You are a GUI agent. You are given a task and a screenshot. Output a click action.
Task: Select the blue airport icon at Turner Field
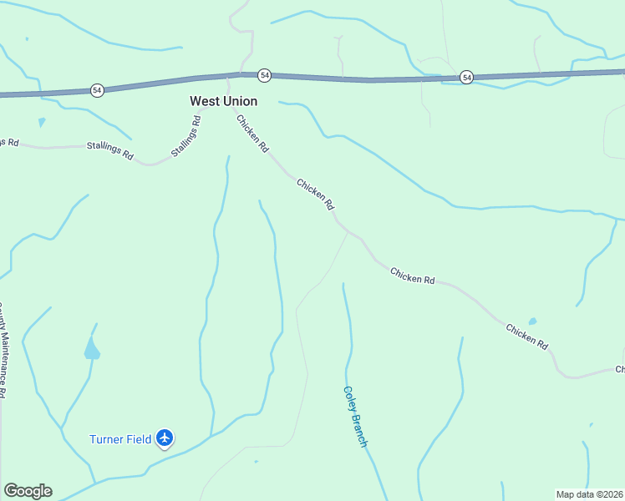click(x=165, y=438)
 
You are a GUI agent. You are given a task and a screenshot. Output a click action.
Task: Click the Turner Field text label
click(x=120, y=439)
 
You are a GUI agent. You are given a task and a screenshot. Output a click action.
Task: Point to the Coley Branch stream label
click(x=355, y=416)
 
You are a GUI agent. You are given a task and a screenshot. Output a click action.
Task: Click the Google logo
click(x=28, y=491)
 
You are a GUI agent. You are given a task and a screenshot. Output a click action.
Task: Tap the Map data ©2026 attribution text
click(x=589, y=494)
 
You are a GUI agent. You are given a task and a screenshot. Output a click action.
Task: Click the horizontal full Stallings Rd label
click(x=109, y=150)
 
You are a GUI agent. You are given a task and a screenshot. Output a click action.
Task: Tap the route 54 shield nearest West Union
click(x=264, y=75)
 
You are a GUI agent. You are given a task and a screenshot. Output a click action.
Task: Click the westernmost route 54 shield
click(x=97, y=90)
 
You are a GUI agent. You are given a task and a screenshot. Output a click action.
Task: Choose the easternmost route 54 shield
click(x=466, y=77)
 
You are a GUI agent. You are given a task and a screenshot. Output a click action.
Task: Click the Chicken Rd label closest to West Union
click(x=252, y=134)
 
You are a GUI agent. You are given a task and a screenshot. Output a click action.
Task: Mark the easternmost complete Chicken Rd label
click(x=526, y=336)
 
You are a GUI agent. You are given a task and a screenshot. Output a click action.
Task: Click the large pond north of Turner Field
click(x=91, y=350)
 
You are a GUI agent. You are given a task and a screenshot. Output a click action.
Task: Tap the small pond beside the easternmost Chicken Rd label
click(x=532, y=321)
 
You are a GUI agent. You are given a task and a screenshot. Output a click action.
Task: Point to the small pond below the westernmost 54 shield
click(x=41, y=122)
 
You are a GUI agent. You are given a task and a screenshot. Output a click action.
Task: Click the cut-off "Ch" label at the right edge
click(x=620, y=369)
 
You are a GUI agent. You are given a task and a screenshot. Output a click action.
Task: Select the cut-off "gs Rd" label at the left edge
click(x=8, y=143)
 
